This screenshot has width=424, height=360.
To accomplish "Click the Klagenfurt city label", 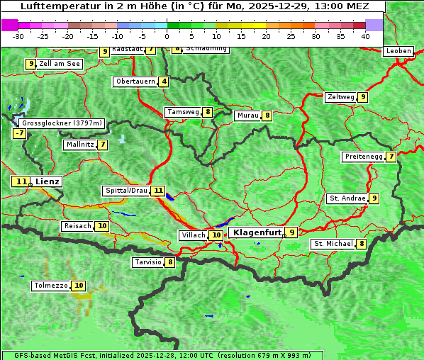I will click(257, 232).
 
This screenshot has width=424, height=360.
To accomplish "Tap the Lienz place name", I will click(48, 181).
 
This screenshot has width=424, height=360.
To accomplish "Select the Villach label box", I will click(193, 235).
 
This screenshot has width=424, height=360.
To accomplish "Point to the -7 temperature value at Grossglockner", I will click(19, 133).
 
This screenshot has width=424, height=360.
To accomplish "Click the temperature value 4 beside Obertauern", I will click(164, 81).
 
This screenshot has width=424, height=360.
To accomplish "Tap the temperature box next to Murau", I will click(267, 116).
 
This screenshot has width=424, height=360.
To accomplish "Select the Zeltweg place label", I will click(340, 97).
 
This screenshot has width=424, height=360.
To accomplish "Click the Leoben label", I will click(398, 51).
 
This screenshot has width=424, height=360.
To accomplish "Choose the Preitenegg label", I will click(363, 157).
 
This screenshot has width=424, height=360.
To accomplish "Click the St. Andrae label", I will click(347, 198).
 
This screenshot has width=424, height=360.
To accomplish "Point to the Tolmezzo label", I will click(51, 286).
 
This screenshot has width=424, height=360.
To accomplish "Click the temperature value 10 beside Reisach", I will click(102, 226).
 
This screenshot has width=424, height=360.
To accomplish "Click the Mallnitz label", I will click(79, 145).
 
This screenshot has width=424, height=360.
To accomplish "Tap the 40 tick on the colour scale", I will click(365, 36).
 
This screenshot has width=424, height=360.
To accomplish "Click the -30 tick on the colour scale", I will click(18, 36).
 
